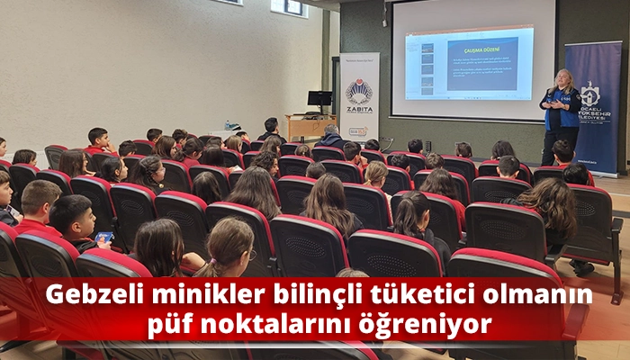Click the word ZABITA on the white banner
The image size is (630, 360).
359,109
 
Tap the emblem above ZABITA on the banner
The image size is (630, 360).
359,91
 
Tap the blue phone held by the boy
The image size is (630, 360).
103,238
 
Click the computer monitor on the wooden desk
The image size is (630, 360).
319,99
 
